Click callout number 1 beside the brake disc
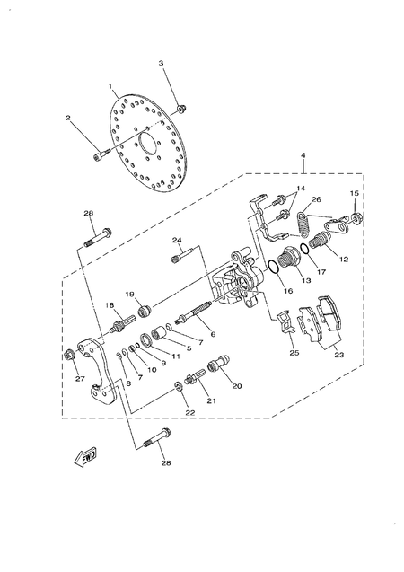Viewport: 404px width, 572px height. pos(110,88)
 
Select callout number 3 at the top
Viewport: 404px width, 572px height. pos(162,63)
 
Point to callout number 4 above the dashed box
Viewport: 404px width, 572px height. pos(303,157)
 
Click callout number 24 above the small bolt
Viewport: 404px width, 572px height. pos(178,240)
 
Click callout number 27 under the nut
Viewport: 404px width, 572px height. pos(80,378)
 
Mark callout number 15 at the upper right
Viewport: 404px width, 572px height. pos(355,194)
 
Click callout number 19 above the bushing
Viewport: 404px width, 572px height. pos(129,295)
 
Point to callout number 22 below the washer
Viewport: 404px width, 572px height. pos(190,412)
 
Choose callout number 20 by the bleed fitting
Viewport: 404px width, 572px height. pos(237,386)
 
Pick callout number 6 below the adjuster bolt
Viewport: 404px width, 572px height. pos(213,334)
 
